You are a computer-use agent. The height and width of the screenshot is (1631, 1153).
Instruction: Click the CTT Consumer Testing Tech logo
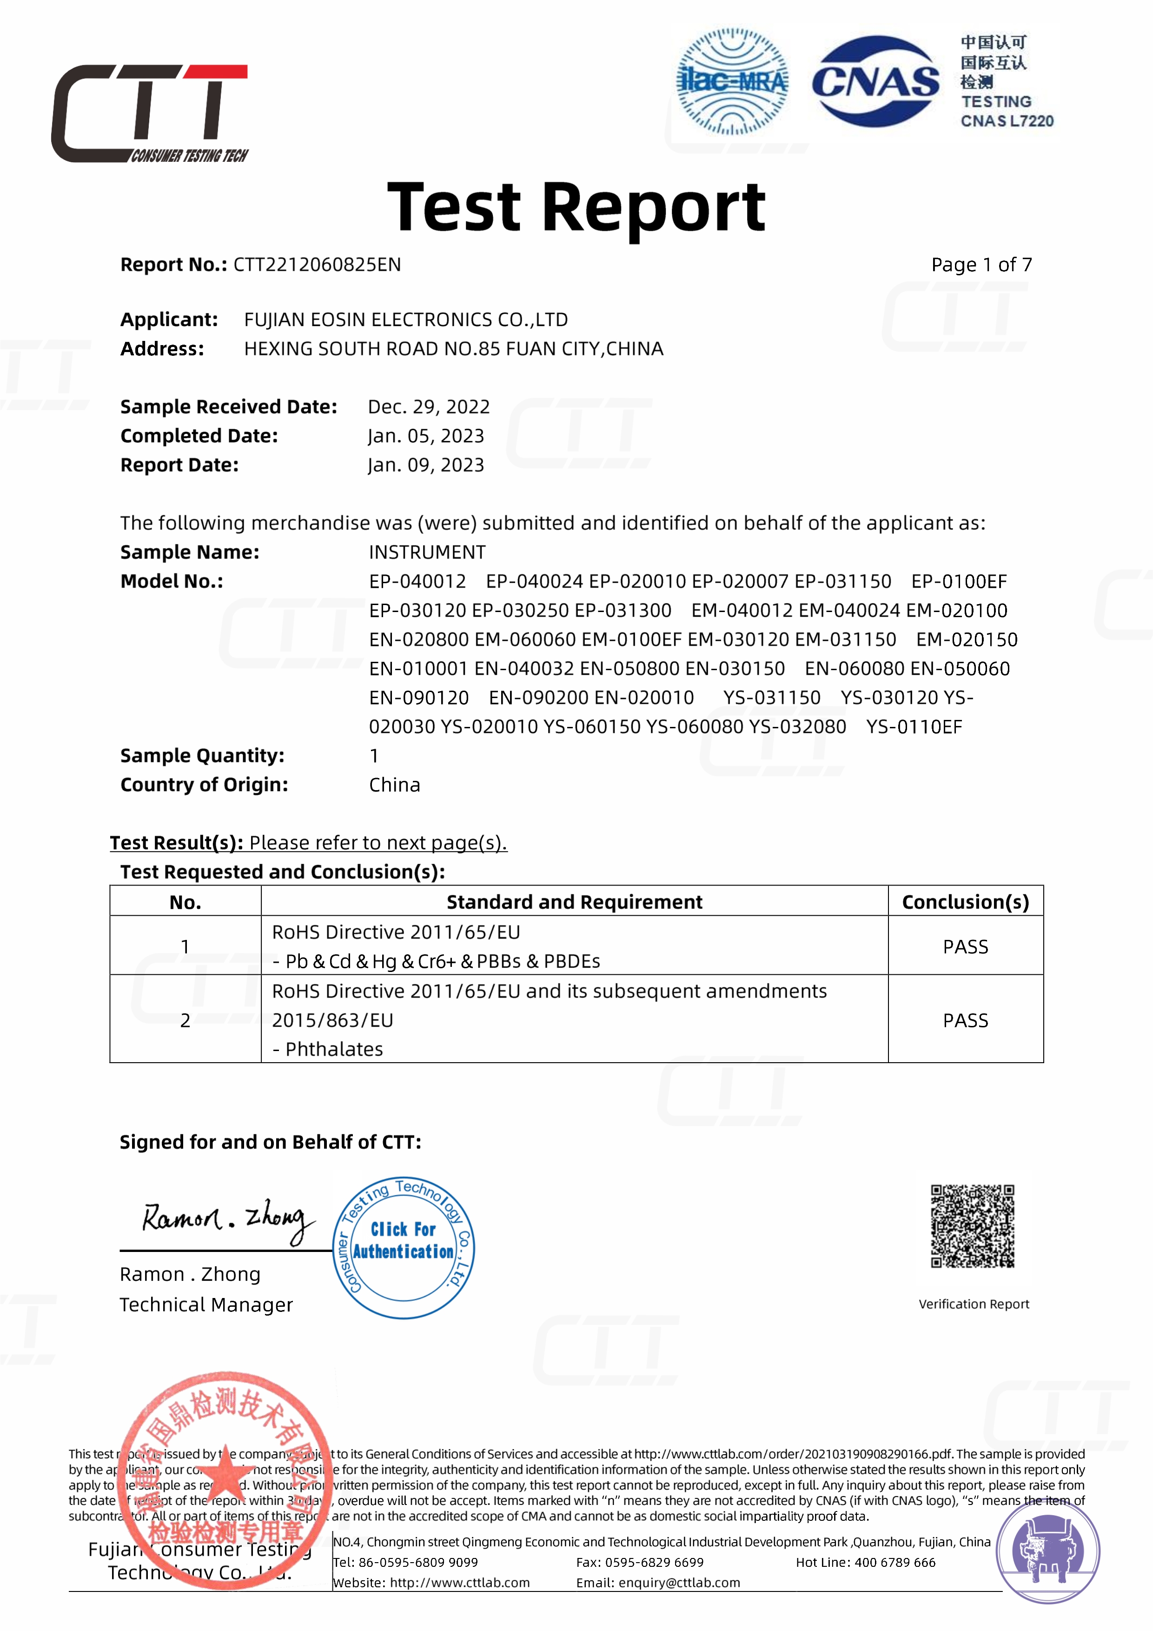tap(150, 113)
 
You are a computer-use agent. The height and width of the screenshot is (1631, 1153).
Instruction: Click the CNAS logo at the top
tap(875, 82)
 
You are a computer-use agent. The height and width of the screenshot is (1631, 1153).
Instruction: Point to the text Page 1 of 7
tap(981, 265)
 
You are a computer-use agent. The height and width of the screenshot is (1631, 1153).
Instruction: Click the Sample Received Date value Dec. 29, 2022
tap(429, 407)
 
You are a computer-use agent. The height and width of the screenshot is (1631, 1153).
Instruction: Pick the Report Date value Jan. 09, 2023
tap(426, 465)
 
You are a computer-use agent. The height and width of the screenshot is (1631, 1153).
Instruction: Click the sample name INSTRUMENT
tap(427, 553)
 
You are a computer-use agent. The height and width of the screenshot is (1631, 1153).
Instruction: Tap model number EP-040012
tap(417, 582)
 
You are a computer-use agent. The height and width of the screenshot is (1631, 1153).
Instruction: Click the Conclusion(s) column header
tap(965, 902)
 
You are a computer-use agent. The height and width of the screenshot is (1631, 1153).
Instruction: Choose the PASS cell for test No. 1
tap(965, 947)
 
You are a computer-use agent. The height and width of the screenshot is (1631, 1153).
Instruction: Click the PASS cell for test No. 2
tap(965, 1021)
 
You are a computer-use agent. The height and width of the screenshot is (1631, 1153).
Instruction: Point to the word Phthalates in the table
tap(334, 1050)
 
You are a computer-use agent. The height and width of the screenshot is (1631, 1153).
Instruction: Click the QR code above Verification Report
tap(973, 1226)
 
